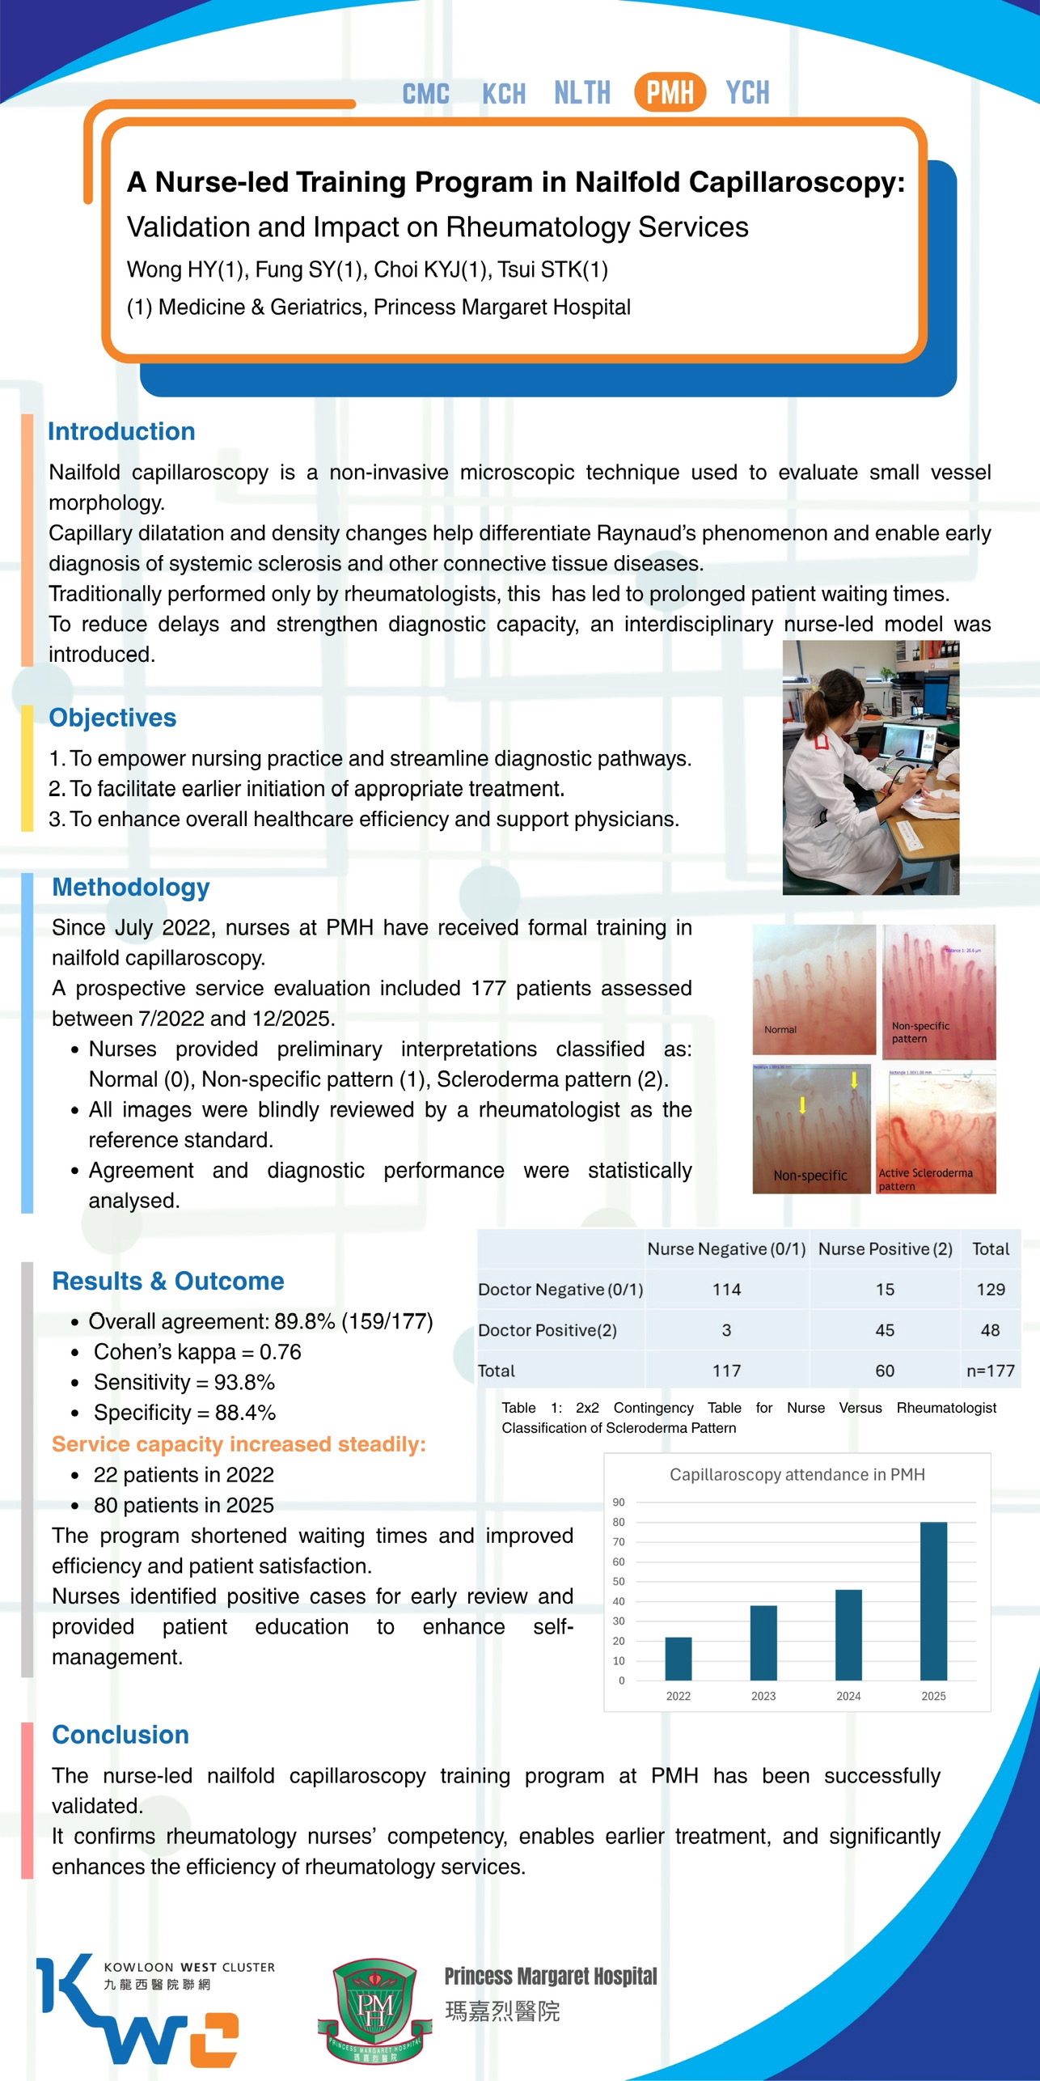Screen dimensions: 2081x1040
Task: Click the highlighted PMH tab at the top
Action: point(670,92)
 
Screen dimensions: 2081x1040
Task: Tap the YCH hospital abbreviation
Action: point(747,93)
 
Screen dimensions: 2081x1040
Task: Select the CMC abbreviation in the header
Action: point(425,94)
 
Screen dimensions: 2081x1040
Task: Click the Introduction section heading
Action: point(121,431)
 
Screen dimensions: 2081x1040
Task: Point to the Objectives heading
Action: point(112,718)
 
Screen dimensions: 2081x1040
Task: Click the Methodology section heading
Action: point(131,887)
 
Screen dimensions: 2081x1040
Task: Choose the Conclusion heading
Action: point(120,1735)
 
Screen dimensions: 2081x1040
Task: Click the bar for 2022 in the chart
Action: point(678,1658)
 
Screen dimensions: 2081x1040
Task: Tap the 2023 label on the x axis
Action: point(763,1696)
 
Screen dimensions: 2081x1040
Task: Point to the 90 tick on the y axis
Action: point(619,1502)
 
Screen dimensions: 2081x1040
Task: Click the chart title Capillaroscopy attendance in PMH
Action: point(797,1474)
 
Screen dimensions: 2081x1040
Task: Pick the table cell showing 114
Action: point(726,1290)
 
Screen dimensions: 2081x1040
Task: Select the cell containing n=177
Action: point(990,1371)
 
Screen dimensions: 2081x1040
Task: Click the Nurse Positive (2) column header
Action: point(885,1248)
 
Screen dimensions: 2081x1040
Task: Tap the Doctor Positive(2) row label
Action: point(547,1330)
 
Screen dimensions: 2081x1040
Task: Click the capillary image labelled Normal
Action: point(814,989)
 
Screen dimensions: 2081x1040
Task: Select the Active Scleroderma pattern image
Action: point(936,1131)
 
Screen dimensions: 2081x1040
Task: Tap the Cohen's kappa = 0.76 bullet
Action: point(197,1352)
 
